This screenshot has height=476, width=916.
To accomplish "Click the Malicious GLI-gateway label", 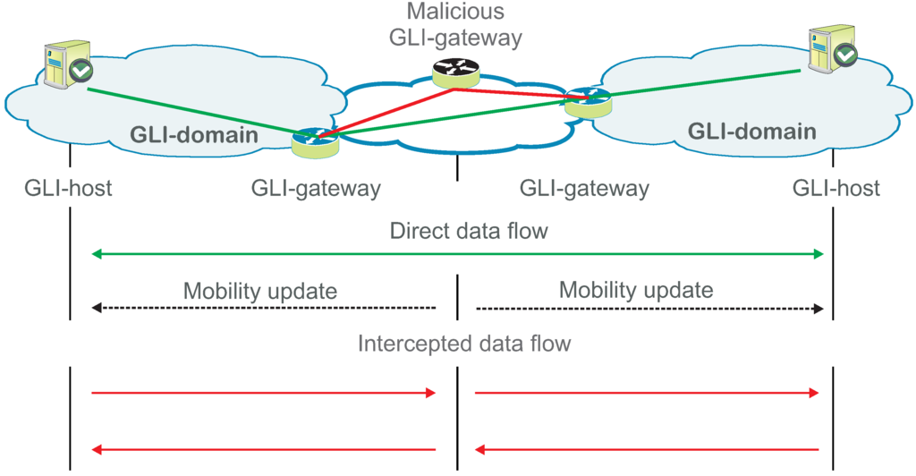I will click(456, 24).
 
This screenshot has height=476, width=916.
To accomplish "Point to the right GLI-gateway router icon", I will click(587, 101).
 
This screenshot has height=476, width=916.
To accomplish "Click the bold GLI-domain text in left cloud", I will click(194, 135).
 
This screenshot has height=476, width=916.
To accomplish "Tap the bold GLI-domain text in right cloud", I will click(751, 132).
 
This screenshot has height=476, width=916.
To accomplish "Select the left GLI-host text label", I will click(69, 189).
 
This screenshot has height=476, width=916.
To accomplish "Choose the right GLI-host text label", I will click(835, 189).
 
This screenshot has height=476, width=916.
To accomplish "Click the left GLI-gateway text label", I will click(316, 189).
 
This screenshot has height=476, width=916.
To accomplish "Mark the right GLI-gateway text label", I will click(584, 189).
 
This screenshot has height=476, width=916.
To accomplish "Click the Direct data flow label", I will click(469, 232).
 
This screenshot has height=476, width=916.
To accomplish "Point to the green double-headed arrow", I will click(457, 255).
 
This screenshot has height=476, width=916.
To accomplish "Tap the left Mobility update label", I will click(259, 291).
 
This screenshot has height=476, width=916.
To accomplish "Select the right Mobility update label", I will click(636, 290).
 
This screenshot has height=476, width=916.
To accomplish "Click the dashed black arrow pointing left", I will click(264, 308).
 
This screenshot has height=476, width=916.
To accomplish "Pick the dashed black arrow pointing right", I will click(649, 308).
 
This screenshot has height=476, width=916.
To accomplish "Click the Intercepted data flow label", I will click(464, 344).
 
